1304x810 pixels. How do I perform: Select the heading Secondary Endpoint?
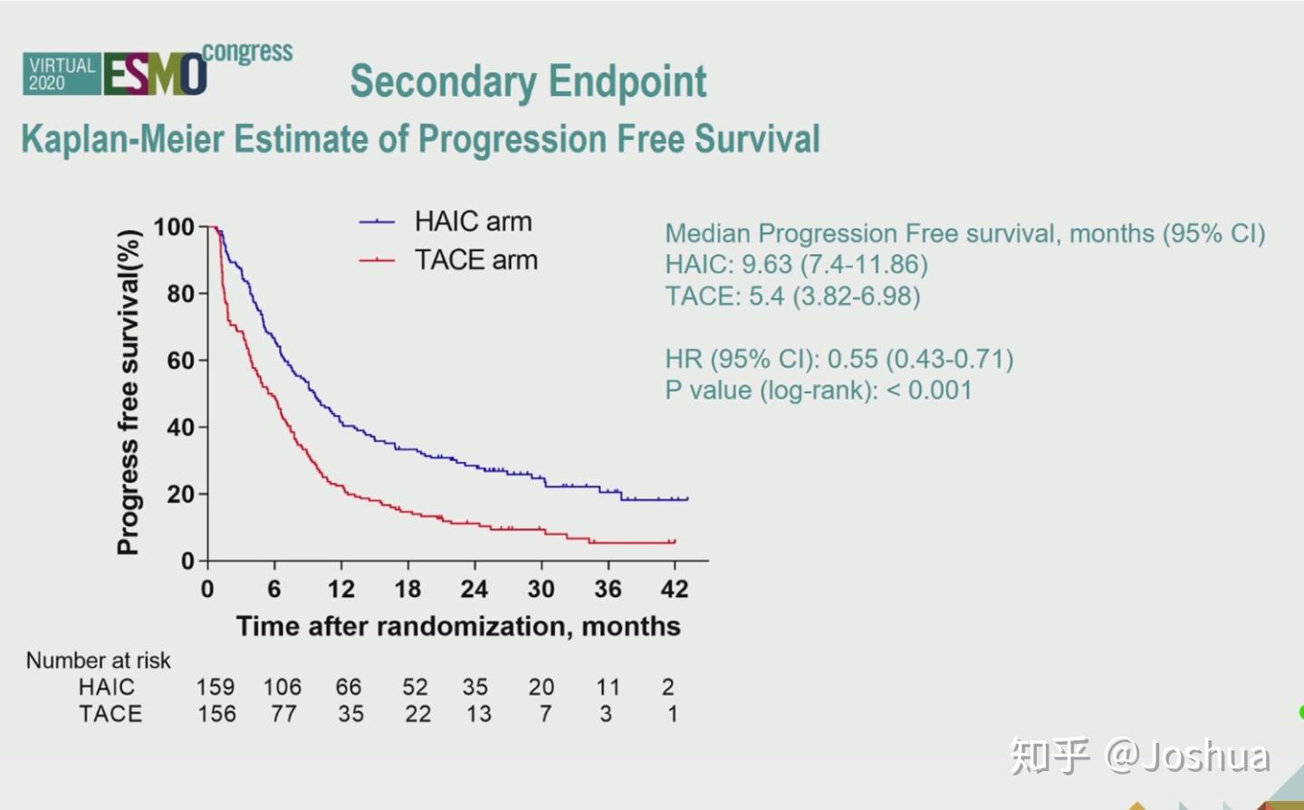click(x=528, y=82)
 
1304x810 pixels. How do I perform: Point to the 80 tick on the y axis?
click(x=180, y=294)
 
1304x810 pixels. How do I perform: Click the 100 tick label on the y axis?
click(x=174, y=227)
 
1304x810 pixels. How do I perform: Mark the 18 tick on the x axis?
click(x=407, y=590)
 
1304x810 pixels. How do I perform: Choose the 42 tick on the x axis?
click(x=675, y=590)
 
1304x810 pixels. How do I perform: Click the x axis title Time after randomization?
click(x=458, y=627)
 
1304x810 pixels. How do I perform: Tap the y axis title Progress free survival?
click(x=129, y=392)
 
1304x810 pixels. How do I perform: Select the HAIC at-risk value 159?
click(x=216, y=688)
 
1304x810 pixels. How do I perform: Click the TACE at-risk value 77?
click(x=283, y=715)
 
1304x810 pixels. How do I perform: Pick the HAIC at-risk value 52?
click(x=416, y=688)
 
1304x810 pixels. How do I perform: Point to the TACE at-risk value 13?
click(x=478, y=715)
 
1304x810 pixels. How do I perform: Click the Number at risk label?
click(x=98, y=661)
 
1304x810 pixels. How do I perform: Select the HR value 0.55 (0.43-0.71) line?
click(x=839, y=360)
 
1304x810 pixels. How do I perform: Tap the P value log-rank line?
click(x=819, y=391)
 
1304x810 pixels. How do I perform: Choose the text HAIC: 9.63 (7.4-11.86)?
click(x=796, y=265)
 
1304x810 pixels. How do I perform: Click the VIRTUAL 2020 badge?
click(x=61, y=74)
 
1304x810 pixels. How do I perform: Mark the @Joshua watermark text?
click(x=1187, y=757)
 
